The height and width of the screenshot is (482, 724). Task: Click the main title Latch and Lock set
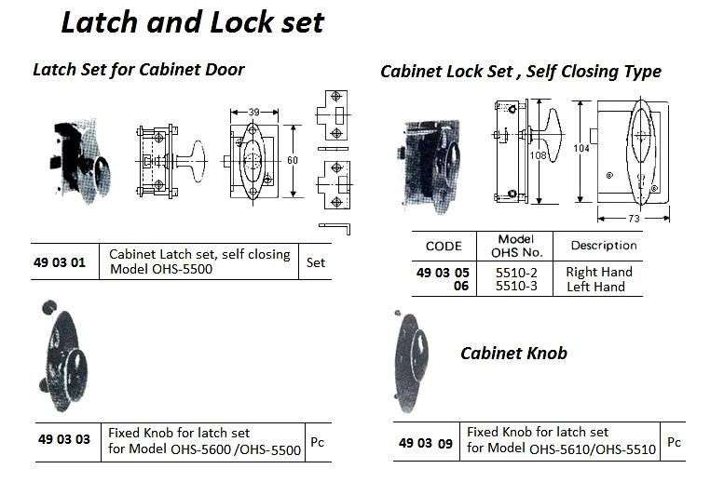click(x=192, y=22)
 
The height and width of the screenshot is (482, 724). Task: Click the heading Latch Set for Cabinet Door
click(x=139, y=70)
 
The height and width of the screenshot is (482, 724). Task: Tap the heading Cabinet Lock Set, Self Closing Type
click(x=521, y=72)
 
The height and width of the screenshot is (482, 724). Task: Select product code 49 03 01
click(x=59, y=262)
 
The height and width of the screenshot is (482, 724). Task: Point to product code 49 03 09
click(x=424, y=444)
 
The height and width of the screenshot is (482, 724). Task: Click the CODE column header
click(x=444, y=247)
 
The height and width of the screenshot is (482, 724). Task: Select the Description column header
click(x=604, y=246)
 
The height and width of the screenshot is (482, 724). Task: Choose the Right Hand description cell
click(x=599, y=272)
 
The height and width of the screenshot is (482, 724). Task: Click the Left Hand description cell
click(x=596, y=287)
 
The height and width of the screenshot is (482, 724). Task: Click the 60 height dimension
click(x=293, y=161)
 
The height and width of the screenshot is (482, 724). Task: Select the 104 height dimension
click(x=581, y=149)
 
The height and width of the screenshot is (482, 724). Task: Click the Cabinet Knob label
click(x=514, y=353)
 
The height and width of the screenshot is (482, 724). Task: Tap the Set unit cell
click(x=316, y=262)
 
